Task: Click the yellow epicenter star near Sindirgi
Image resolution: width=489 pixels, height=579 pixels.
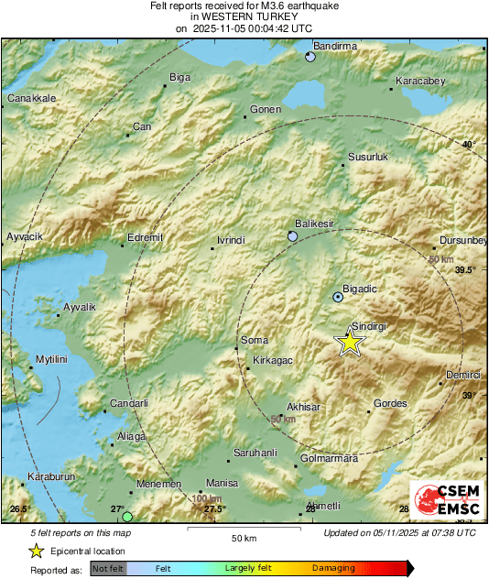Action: (349, 342)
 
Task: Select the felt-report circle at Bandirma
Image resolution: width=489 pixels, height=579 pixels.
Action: (310, 57)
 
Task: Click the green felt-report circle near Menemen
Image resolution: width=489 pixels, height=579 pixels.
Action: (127, 518)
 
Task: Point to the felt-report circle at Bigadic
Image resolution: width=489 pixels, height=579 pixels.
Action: (338, 297)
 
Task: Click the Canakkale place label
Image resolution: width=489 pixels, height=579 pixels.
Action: (32, 98)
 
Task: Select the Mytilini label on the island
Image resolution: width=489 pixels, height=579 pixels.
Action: (52, 359)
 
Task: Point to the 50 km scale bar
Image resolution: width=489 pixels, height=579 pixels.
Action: (243, 530)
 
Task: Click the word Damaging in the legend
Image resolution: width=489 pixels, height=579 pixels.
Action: (334, 568)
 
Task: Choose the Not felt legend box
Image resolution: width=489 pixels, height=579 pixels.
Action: (108, 569)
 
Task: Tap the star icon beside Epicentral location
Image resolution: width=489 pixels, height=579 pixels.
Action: (36, 551)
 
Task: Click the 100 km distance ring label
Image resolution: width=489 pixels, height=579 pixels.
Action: (208, 498)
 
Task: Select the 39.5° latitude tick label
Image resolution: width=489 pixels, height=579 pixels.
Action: (466, 270)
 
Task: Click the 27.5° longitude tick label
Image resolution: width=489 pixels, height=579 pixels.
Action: (214, 509)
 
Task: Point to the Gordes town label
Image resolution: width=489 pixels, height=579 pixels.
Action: (391, 404)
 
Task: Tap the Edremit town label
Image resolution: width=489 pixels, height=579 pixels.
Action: (145, 237)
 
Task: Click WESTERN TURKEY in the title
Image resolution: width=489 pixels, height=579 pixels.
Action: (243, 16)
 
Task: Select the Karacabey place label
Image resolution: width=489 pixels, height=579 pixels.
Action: (419, 82)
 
